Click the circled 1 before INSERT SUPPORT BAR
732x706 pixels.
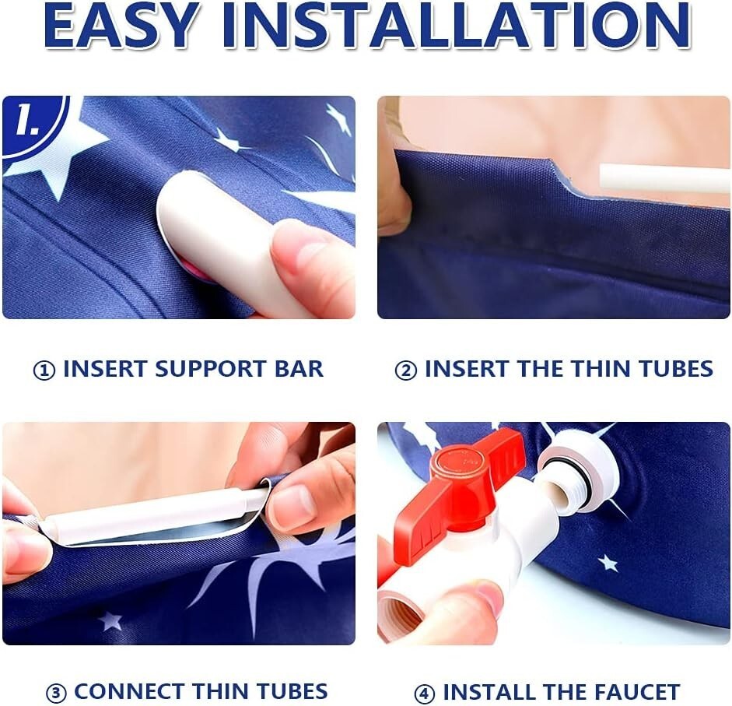[x=44, y=371]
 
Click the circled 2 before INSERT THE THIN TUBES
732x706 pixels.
[x=406, y=371]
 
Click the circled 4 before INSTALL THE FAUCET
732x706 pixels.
[x=425, y=693]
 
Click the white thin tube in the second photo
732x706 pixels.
[x=664, y=177]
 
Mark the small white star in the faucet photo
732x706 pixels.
[x=608, y=563]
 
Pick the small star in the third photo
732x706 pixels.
[x=110, y=621]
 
